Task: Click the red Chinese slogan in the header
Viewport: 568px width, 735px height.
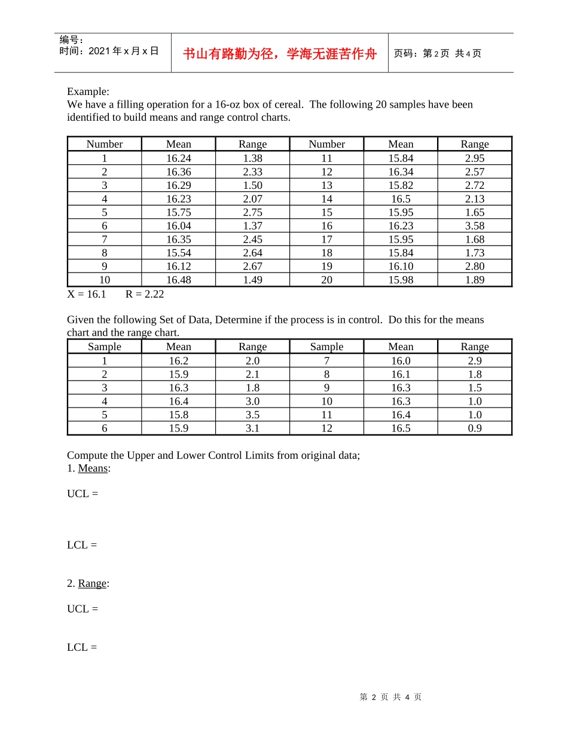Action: point(280,54)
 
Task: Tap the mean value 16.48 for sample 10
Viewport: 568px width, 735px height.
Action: point(178,280)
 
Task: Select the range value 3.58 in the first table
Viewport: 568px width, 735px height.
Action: point(474,226)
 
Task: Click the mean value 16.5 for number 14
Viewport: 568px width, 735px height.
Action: point(401,199)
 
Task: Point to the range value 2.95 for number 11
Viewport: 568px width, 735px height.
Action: point(474,158)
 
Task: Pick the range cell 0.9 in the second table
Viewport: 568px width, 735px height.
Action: point(474,428)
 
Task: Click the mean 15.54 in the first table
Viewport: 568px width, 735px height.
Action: point(178,253)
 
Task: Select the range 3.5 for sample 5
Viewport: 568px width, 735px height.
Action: point(252,415)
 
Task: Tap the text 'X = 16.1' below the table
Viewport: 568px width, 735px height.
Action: point(86,294)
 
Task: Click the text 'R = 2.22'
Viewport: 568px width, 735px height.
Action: point(145,294)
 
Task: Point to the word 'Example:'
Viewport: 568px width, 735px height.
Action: point(88,91)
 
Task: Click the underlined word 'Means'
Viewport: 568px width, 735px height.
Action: point(93,468)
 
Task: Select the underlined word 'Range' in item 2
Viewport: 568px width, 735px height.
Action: point(92,583)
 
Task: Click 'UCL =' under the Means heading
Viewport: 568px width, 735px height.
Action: point(83,494)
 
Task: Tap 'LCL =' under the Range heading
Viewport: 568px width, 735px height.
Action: point(82,647)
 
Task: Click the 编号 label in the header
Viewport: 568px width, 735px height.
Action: point(71,40)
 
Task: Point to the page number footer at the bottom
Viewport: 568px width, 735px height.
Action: point(390,697)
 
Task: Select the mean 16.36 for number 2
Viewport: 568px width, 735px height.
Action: point(178,171)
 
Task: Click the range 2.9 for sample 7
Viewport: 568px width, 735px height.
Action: point(474,361)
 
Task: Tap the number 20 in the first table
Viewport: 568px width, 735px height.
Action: point(326,280)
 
